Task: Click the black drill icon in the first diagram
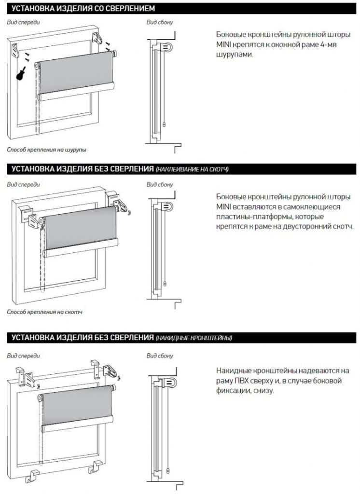click(20, 73)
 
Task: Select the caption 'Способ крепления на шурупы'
click(47, 150)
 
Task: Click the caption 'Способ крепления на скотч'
click(45, 312)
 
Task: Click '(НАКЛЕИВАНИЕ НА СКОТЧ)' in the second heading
click(192, 170)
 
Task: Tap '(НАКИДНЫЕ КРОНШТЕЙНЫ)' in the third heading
click(194, 338)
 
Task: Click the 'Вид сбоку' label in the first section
click(160, 23)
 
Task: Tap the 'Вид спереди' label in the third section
click(23, 356)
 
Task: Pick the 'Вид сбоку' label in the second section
click(160, 184)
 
